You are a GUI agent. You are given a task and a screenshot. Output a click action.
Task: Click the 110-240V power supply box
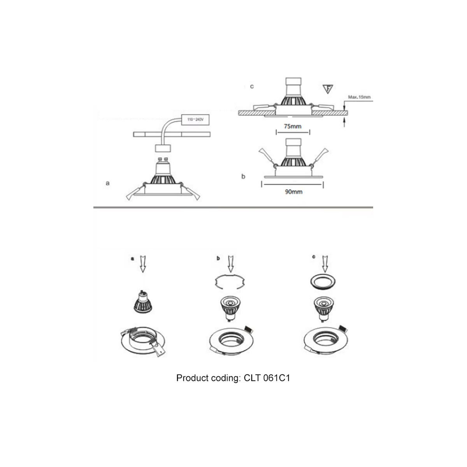pyautogui.click(x=195, y=119)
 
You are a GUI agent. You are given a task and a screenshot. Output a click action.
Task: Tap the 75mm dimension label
pyautogui.click(x=293, y=126)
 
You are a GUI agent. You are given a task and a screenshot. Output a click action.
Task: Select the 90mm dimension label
pyautogui.click(x=293, y=192)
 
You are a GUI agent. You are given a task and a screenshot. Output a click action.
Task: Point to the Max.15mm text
pyautogui.click(x=359, y=97)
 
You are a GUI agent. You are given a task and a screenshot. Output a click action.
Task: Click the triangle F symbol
pyautogui.click(x=328, y=89)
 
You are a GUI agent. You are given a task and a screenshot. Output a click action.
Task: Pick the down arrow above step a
pyautogui.click(x=143, y=264)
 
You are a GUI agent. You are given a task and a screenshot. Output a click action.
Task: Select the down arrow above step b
pyautogui.click(x=231, y=264)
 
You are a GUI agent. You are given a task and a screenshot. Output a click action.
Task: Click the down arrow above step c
pyautogui.click(x=325, y=264)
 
